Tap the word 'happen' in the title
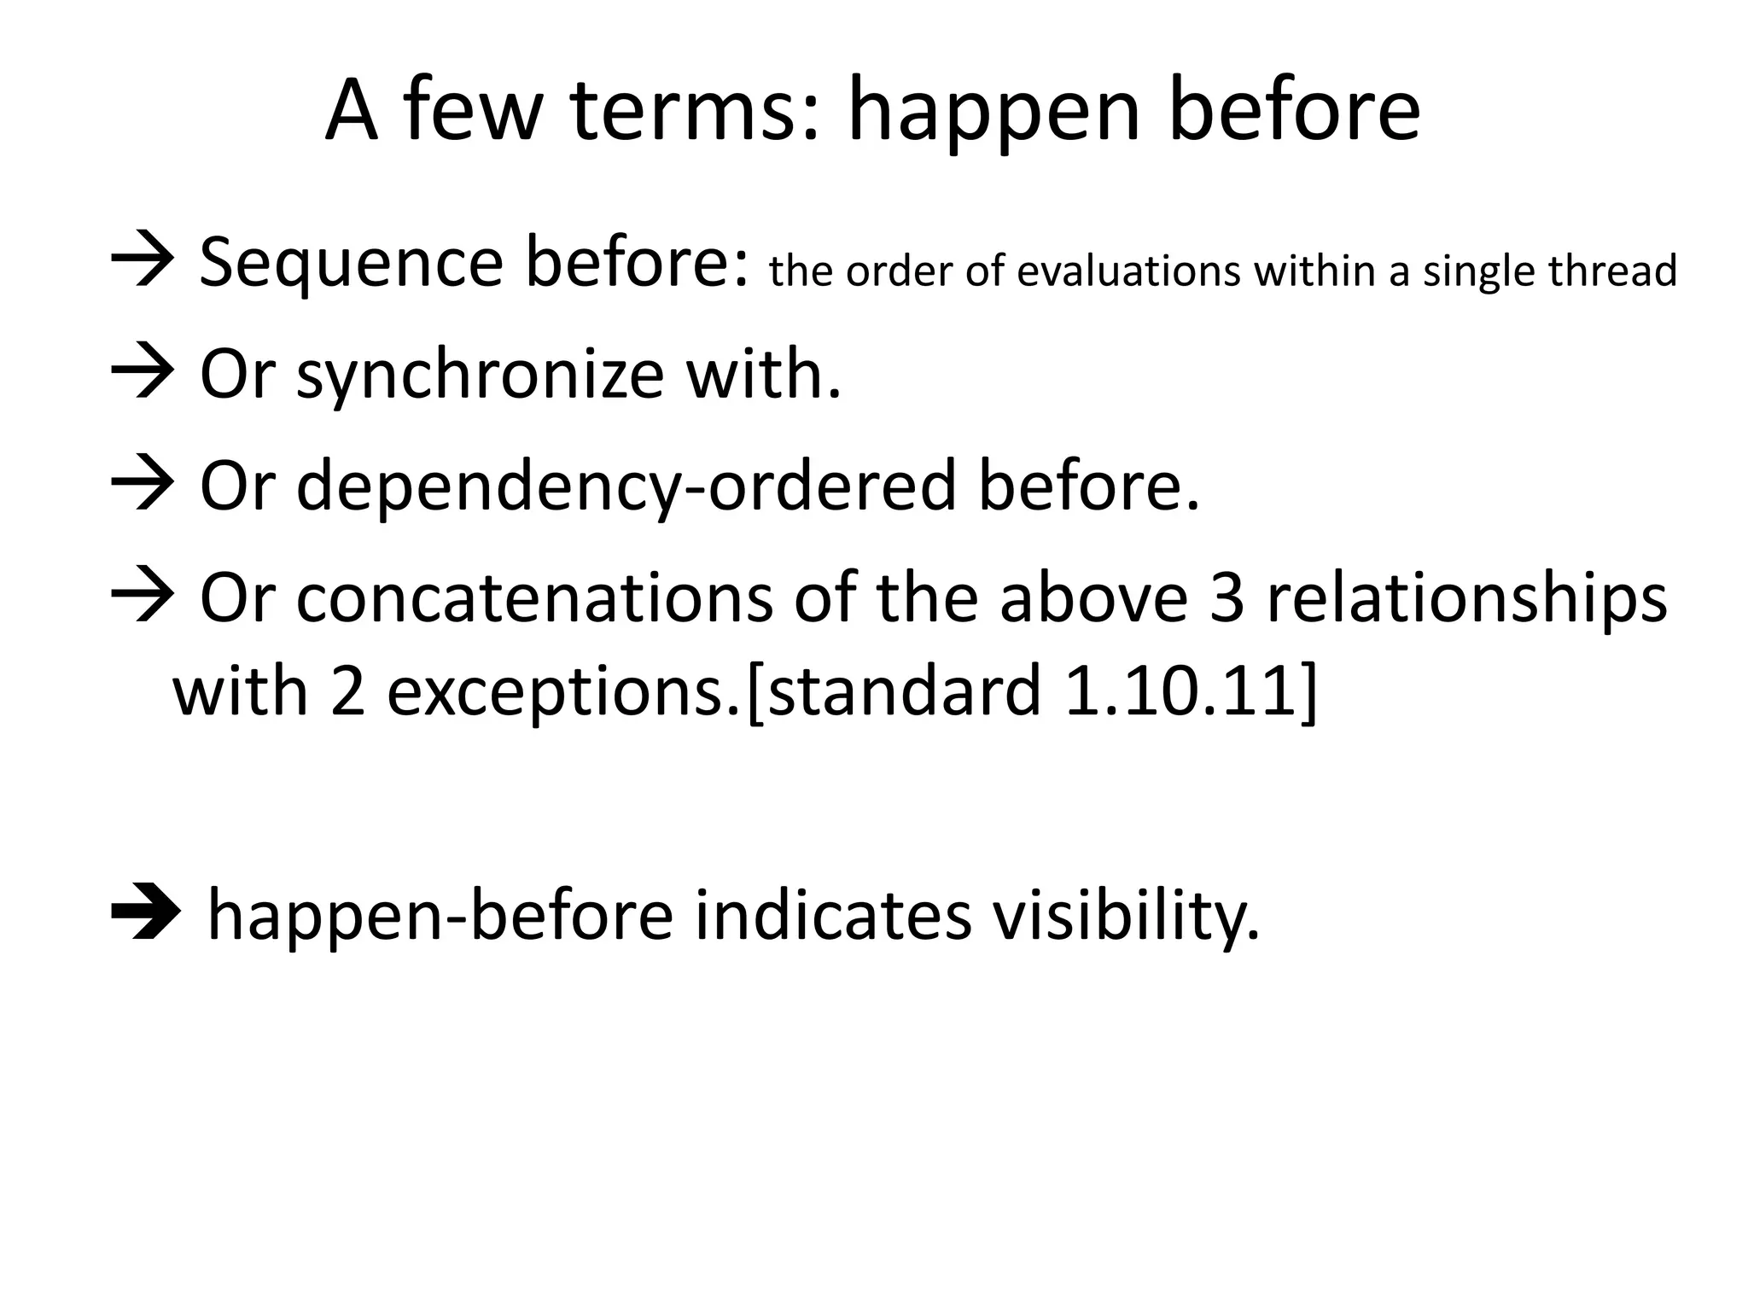993,113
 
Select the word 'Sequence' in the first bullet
351,262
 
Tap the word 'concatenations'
534,597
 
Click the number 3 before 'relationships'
1227,597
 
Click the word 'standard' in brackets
904,691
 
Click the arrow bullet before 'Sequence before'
143,262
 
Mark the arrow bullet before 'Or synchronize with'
143,374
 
